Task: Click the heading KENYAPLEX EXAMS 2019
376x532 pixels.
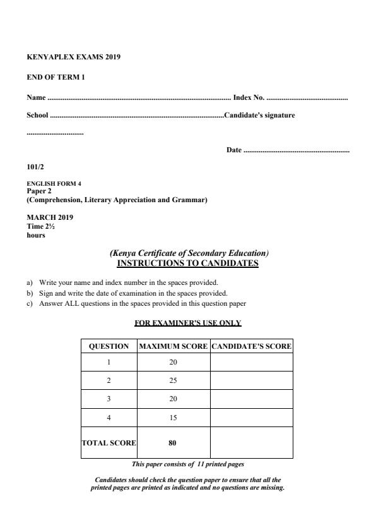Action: click(73, 57)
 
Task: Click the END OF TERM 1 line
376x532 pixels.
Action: click(56, 77)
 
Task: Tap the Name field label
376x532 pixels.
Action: click(36, 97)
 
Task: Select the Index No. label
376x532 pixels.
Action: click(249, 97)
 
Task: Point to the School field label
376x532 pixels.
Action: click(37, 115)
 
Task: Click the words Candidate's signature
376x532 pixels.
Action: click(260, 115)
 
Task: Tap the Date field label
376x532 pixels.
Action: click(233, 150)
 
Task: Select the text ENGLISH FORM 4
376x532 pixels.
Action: click(54, 183)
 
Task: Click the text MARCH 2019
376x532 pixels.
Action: click(50, 217)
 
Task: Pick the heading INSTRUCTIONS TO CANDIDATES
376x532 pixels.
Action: click(188, 263)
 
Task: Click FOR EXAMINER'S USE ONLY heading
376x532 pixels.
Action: click(188, 323)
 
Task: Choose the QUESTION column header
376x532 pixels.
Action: click(109, 346)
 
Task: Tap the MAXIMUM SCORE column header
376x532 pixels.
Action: click(173, 346)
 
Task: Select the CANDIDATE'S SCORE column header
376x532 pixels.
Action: click(251, 346)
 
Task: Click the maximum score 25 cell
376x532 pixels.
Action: click(173, 380)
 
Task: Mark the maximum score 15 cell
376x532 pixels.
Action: click(173, 418)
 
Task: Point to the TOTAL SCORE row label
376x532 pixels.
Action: click(109, 443)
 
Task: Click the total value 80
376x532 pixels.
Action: click(173, 443)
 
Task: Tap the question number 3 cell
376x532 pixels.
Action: click(109, 399)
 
